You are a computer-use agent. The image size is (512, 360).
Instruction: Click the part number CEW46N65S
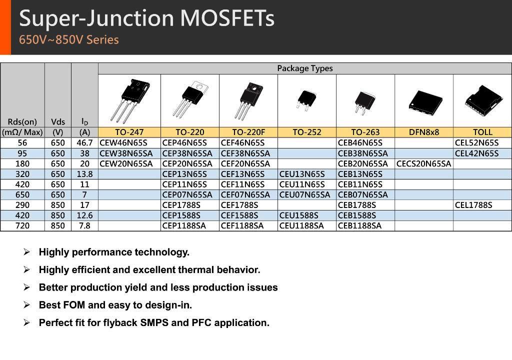[123, 143]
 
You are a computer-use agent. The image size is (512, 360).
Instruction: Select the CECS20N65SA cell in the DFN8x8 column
[423, 163]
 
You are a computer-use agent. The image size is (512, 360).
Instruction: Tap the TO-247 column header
[129, 132]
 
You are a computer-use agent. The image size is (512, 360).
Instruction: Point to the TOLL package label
[482, 132]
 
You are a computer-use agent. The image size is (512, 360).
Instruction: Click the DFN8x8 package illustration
[425, 102]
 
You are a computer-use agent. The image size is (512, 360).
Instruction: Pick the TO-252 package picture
[306, 100]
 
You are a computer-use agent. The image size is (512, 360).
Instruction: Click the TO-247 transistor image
[130, 100]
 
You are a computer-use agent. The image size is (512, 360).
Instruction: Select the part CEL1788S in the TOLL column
[473, 205]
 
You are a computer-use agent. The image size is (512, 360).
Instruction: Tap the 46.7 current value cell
[84, 143]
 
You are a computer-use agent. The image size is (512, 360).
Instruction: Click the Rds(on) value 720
[22, 225]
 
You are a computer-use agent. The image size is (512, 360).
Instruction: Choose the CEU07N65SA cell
[304, 194]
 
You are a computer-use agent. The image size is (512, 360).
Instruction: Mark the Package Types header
[305, 68]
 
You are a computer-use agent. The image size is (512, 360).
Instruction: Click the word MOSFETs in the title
[227, 18]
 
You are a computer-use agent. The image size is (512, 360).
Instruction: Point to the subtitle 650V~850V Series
[69, 40]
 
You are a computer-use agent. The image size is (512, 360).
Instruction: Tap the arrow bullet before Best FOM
[26, 305]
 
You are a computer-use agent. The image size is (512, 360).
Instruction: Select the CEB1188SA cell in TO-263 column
[359, 225]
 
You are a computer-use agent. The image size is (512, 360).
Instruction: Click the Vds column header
[58, 122]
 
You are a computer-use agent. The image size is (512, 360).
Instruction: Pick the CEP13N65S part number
[184, 174]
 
